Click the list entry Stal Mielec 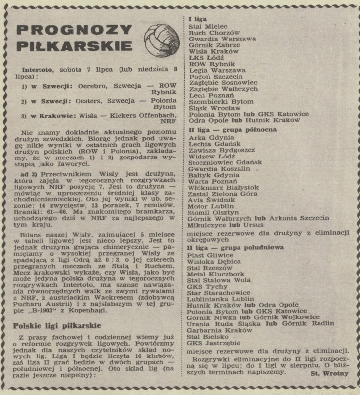coord(205,25)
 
